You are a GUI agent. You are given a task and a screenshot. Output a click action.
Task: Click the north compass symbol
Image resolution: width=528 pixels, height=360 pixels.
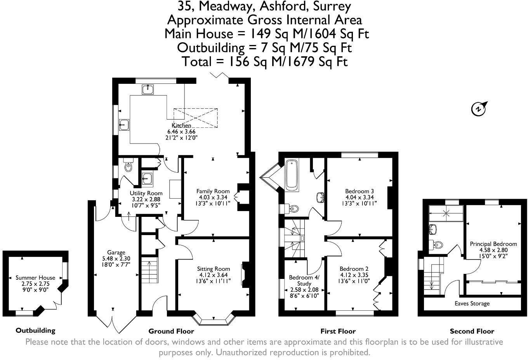tap(479, 109)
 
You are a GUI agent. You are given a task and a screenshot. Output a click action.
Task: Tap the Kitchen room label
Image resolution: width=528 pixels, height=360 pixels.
tap(181, 126)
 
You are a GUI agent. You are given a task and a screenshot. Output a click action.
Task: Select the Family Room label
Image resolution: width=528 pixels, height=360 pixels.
tap(213, 191)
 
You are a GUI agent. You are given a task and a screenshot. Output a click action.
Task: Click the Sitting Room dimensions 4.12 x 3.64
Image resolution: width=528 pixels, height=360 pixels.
tap(213, 275)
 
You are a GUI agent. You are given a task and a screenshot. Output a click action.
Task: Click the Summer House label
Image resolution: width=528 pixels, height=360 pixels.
tap(35, 278)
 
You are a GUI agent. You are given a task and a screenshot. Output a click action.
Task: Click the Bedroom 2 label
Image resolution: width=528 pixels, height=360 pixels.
tap(354, 269)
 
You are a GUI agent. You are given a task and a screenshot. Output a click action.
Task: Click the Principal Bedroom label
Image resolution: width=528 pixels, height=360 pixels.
tap(493, 244)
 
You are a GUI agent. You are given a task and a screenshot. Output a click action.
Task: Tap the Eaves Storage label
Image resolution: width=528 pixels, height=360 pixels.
tap(472, 303)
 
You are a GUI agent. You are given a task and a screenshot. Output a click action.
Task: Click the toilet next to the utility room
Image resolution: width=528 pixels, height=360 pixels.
tap(129, 166)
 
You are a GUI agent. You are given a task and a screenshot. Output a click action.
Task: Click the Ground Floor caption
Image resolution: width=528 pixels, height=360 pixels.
tap(171, 331)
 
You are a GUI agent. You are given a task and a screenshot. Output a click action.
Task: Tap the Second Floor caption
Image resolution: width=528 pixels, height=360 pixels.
tap(472, 331)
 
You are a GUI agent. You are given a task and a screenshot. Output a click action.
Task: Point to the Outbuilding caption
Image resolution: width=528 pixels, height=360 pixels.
tap(35, 331)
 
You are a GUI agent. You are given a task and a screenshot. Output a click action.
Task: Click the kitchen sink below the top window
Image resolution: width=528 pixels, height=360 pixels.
tap(148, 90)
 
